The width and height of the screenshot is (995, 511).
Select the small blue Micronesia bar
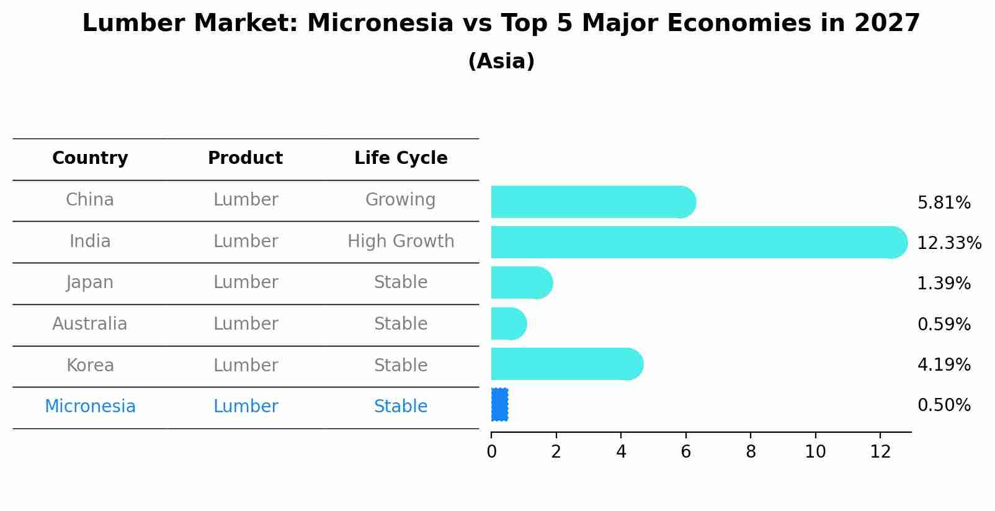(499, 405)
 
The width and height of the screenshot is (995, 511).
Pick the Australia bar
(508, 323)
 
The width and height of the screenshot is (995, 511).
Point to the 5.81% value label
(944, 203)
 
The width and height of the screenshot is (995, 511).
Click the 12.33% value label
(948, 243)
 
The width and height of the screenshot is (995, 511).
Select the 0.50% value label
(944, 405)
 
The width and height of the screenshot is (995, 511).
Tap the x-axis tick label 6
(685, 452)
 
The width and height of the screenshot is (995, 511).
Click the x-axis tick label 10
(815, 452)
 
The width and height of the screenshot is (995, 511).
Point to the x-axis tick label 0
(491, 452)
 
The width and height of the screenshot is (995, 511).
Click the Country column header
(90, 158)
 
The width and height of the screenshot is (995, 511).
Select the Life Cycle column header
(401, 158)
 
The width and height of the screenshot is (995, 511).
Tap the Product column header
(245, 158)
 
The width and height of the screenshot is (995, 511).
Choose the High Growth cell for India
(401, 242)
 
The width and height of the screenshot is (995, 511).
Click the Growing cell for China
(400, 200)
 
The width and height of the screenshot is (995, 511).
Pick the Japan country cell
(90, 283)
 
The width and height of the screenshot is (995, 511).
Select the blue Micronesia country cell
(90, 407)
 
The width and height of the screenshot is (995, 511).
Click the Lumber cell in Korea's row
(246, 365)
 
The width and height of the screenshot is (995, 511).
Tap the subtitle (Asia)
(501, 61)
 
